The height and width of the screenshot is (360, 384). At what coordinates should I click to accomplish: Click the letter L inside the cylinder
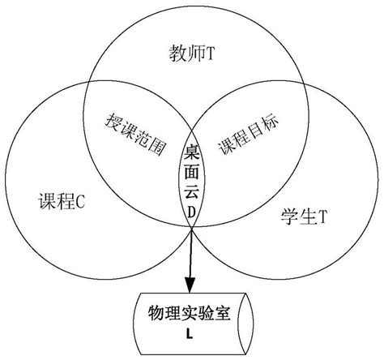tap(192, 332)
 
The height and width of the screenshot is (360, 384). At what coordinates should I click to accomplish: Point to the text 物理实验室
tap(192, 314)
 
